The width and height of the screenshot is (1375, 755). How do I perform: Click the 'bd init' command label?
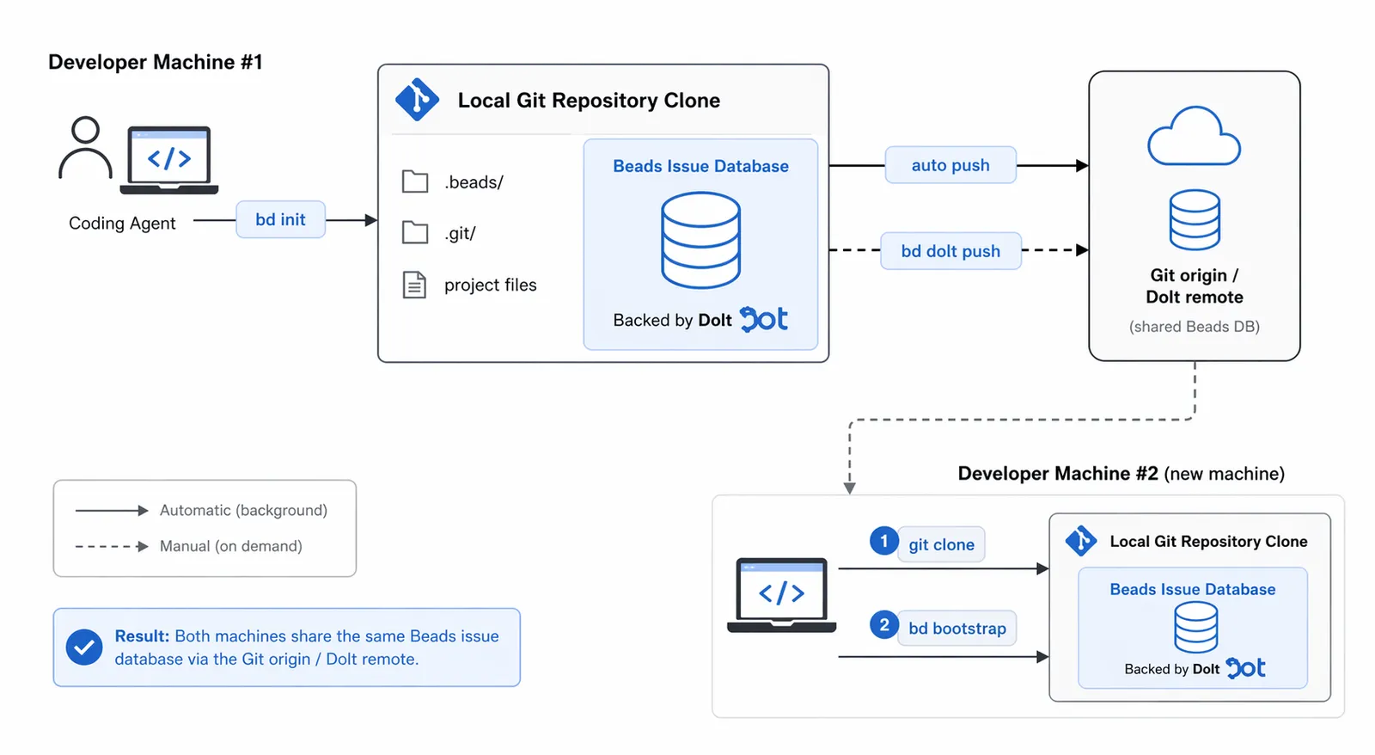tap(280, 219)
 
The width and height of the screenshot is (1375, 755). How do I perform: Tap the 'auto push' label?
tap(950, 165)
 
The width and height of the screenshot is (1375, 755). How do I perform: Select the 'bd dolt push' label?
tap(950, 251)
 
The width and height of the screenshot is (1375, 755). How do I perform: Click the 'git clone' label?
tap(941, 544)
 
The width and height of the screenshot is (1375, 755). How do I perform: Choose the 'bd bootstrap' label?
tap(957, 628)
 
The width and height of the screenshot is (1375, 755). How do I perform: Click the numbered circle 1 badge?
tap(883, 541)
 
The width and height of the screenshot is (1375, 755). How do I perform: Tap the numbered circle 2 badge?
tap(883, 625)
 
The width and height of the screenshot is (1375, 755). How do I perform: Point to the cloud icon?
tap(1194, 138)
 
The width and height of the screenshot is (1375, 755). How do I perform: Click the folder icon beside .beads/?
tap(415, 181)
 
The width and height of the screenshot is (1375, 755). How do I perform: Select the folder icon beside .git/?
tap(415, 232)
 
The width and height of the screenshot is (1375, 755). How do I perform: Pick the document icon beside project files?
tap(415, 285)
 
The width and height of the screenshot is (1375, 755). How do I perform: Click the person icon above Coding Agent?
tap(85, 148)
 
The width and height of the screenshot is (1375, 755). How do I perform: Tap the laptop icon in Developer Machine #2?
tap(782, 594)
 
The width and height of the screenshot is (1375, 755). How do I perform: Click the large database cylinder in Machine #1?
tap(700, 240)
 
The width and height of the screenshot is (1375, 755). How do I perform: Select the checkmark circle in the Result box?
tap(84, 648)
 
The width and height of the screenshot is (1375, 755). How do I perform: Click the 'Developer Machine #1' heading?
tap(156, 63)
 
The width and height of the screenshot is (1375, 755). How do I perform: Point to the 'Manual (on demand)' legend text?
tap(230, 546)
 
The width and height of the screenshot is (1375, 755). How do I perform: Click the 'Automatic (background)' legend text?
tap(243, 510)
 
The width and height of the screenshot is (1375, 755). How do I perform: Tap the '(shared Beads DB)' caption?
tap(1194, 327)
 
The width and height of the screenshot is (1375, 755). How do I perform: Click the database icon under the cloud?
tap(1194, 219)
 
